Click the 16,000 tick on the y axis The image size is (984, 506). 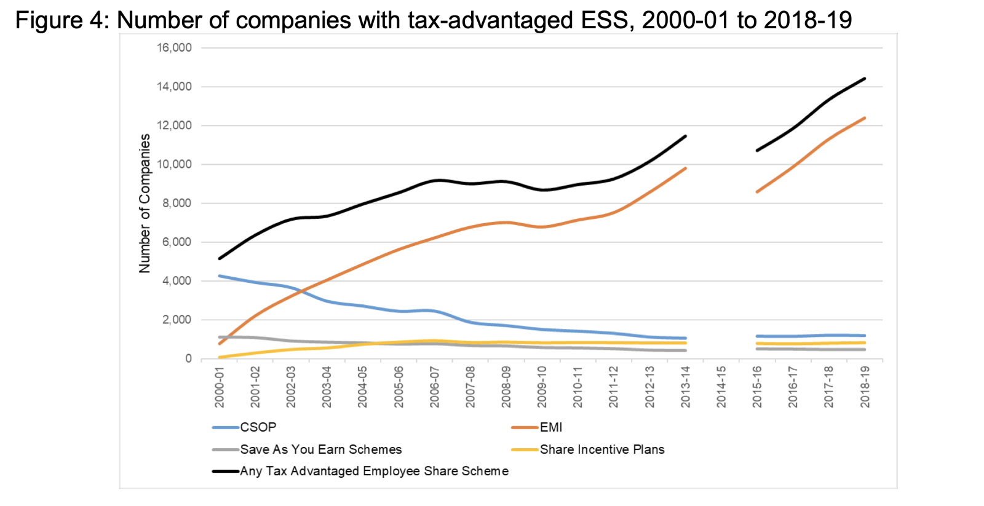[x=175, y=48]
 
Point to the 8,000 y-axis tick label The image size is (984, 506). [x=177, y=204]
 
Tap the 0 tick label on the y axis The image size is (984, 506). [x=188, y=358]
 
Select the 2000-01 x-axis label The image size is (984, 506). [x=220, y=386]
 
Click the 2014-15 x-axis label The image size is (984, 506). [x=721, y=386]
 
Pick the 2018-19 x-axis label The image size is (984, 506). [x=865, y=386]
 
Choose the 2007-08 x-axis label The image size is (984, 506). [x=470, y=386]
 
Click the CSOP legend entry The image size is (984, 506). [x=258, y=427]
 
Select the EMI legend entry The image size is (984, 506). [x=550, y=427]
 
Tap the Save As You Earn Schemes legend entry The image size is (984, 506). [x=320, y=449]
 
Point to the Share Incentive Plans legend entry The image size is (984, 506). [x=601, y=449]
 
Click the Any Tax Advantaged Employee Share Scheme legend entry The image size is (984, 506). [x=374, y=471]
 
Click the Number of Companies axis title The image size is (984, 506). [x=145, y=204]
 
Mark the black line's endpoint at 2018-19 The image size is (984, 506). [x=865, y=78]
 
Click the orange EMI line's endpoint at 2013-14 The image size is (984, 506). [x=685, y=168]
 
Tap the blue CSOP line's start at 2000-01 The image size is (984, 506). [x=220, y=276]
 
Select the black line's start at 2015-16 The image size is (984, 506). [x=757, y=150]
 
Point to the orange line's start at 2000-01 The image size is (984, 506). [x=220, y=344]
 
